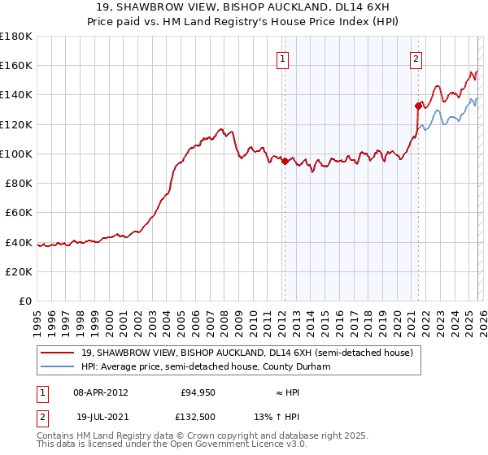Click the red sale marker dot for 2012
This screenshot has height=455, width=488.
tap(285, 161)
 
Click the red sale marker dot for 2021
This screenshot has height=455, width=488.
tap(418, 106)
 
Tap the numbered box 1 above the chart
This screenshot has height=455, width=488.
tap(282, 58)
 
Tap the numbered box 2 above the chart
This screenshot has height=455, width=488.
tap(416, 58)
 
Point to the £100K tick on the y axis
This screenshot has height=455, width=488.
tap(17, 154)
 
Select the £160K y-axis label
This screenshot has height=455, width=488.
tap(17, 65)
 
